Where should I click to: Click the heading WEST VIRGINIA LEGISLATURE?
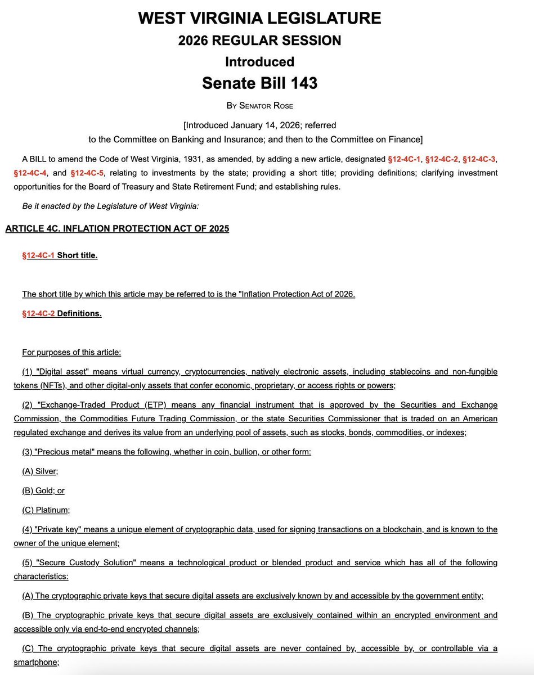click(259, 18)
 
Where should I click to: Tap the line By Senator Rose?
click(259, 105)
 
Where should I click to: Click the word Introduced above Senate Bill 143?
click(259, 61)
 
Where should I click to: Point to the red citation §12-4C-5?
click(88, 172)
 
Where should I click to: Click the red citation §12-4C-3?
click(480, 159)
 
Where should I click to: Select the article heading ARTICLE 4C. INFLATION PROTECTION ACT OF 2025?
click(117, 228)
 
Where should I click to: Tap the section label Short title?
click(77, 255)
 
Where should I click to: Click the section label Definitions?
click(79, 313)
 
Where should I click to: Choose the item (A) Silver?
click(40, 471)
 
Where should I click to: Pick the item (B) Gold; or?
click(43, 490)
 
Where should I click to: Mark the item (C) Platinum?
click(46, 510)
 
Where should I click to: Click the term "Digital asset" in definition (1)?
click(62, 372)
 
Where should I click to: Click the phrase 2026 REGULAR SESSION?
click(259, 40)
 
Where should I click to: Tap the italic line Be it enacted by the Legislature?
click(110, 206)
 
